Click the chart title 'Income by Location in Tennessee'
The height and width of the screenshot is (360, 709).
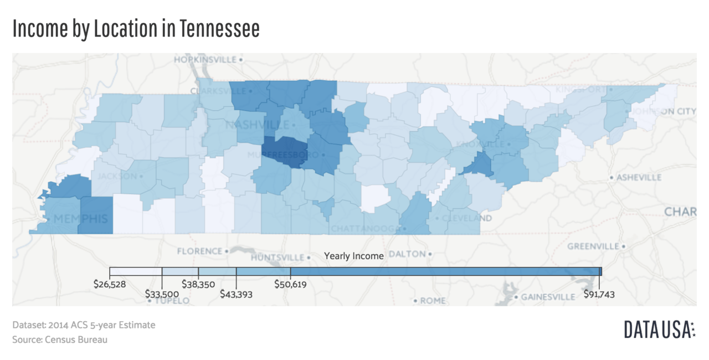tap(136, 29)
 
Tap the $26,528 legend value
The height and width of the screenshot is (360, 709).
tap(110, 284)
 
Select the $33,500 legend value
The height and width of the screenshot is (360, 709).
tap(162, 294)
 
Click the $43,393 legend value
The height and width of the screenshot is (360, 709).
tap(236, 294)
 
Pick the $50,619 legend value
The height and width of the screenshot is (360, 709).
tap(291, 284)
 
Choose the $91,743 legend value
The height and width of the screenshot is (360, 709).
tap(599, 294)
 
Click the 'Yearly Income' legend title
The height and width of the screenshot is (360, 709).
tap(353, 256)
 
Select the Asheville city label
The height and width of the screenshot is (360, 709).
tap(639, 177)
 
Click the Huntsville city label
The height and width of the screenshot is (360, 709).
tap(278, 258)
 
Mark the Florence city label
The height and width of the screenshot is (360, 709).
tap(199, 251)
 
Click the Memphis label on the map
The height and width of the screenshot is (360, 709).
tap(80, 218)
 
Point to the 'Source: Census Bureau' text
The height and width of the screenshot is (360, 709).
tap(60, 340)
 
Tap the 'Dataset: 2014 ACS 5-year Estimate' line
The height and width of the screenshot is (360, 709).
tap(84, 325)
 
